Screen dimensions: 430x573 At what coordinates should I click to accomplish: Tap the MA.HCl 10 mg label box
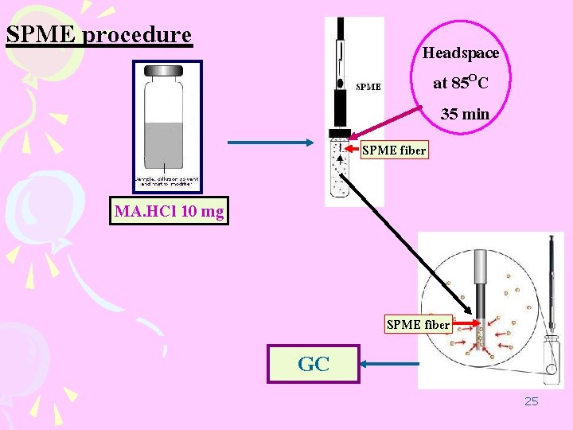pos(169,212)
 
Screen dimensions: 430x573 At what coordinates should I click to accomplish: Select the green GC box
pos(314,364)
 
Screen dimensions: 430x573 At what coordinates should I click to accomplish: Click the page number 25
pos(531,401)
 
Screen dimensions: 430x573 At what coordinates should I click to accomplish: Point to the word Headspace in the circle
pos(461,53)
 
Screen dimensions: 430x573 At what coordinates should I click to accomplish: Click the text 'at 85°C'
pos(461,83)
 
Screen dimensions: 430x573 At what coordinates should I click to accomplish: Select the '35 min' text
pos(466,114)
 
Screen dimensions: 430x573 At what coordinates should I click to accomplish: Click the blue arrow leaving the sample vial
pos(271,143)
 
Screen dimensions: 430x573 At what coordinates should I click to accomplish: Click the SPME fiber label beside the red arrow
pos(418,324)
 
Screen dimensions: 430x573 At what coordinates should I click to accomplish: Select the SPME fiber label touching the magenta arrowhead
pos(394,150)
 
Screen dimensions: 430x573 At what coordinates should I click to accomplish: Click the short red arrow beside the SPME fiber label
pos(466,323)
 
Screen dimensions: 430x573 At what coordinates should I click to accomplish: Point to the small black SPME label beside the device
pos(368,86)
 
